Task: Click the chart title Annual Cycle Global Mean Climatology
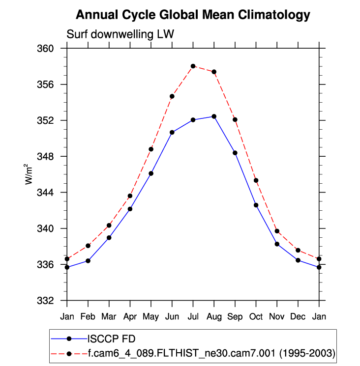pyautogui.click(x=193, y=15)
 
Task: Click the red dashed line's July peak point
pyautogui.click(x=193, y=66)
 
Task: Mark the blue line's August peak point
pyautogui.click(x=214, y=116)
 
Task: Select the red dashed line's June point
pyautogui.click(x=172, y=96)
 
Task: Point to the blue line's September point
pyautogui.click(x=235, y=153)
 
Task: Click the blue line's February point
pyautogui.click(x=88, y=260)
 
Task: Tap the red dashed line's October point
pyautogui.click(x=256, y=180)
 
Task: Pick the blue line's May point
pyautogui.click(x=151, y=173)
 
